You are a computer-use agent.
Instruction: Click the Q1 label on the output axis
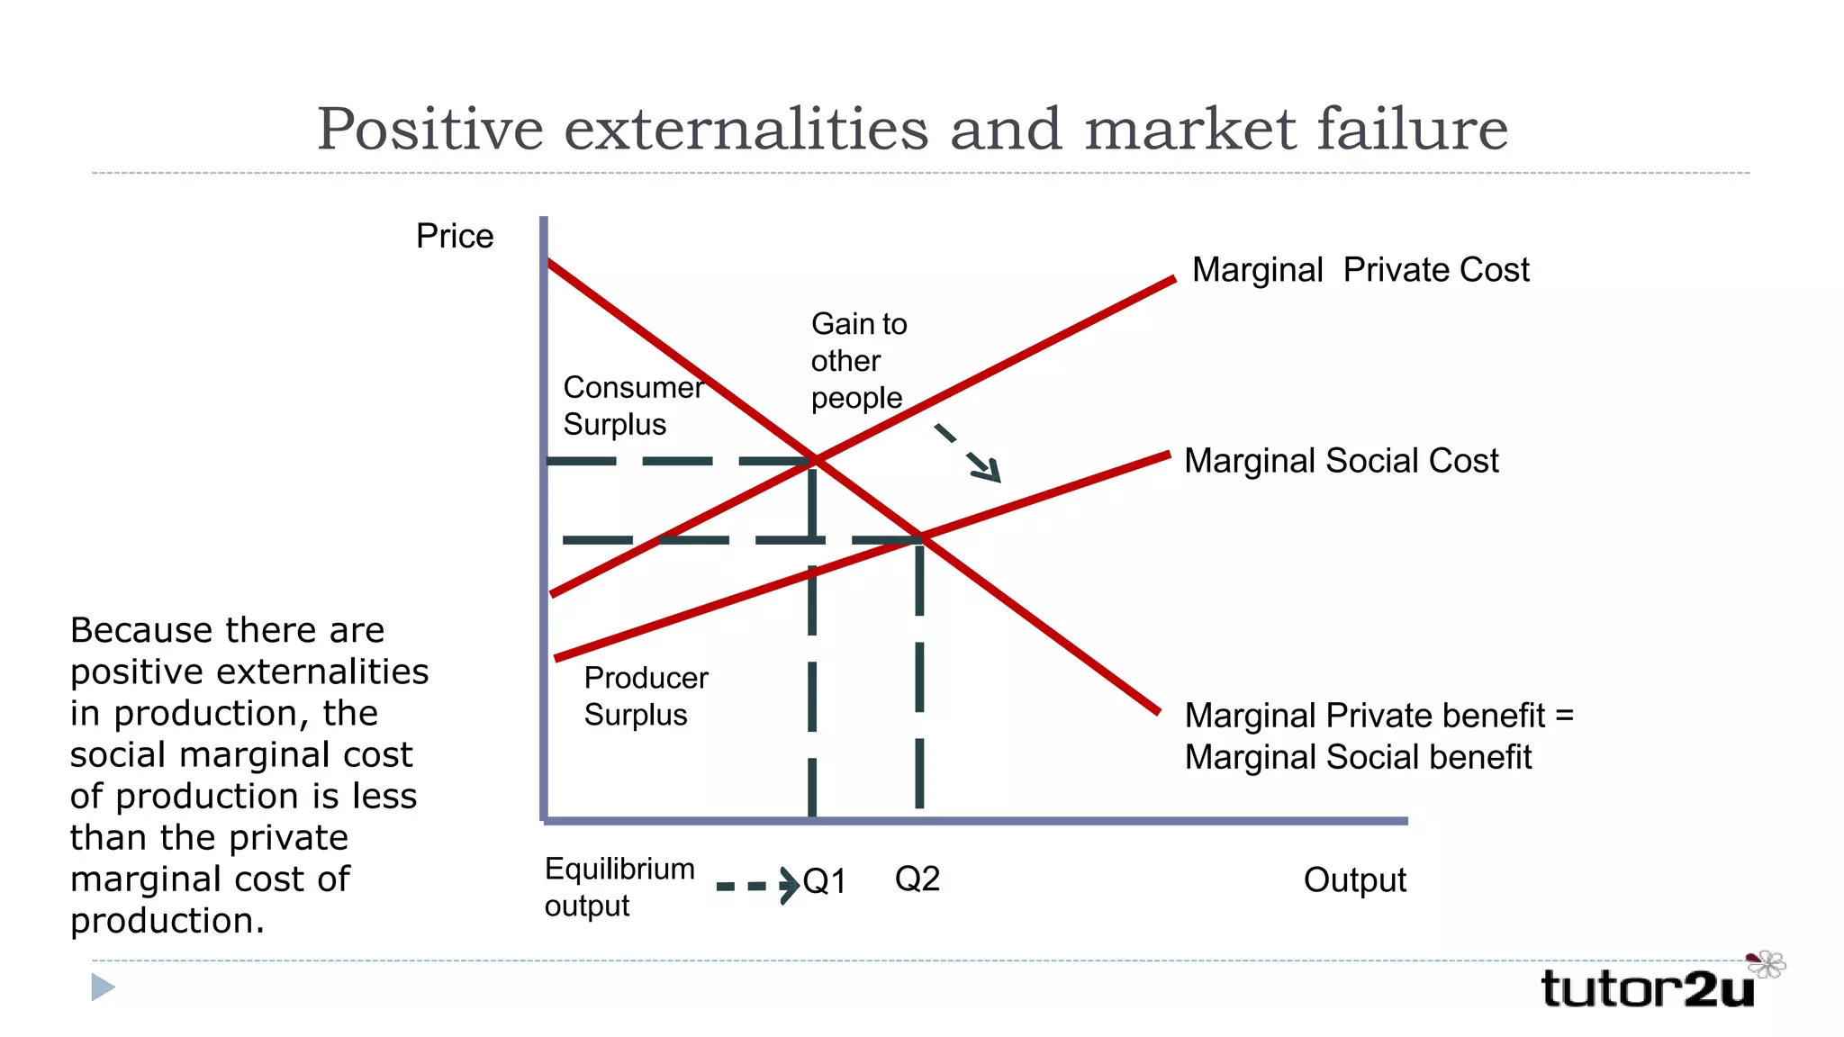click(x=825, y=881)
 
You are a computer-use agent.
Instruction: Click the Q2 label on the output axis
click(x=917, y=879)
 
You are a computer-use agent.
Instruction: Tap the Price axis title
click(x=455, y=236)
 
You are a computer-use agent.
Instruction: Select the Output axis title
click(x=1354, y=880)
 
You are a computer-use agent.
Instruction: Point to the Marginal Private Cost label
click(x=1360, y=270)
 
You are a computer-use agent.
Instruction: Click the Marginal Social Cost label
click(x=1341, y=461)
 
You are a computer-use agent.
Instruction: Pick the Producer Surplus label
click(x=646, y=696)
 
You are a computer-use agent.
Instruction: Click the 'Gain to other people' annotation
click(x=858, y=361)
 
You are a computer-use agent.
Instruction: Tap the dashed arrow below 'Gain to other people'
click(x=968, y=453)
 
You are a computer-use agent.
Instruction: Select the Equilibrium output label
click(x=619, y=887)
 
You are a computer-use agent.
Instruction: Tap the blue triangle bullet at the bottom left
click(x=103, y=987)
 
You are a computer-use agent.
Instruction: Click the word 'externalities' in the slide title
click(x=746, y=129)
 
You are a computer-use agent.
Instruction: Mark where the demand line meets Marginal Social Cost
click(x=921, y=538)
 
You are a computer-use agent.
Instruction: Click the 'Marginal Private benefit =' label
click(x=1378, y=716)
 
